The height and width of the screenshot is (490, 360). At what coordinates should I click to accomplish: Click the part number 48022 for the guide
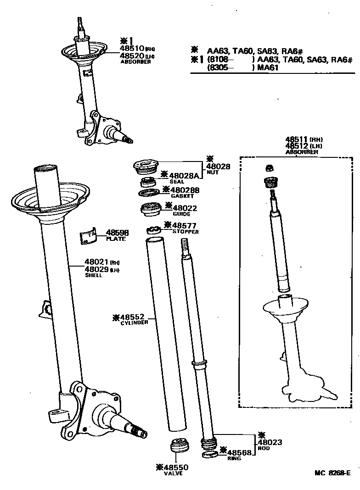[x=185, y=208]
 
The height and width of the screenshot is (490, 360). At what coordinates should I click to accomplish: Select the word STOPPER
[x=186, y=232]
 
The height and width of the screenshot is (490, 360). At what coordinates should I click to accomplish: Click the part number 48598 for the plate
[x=118, y=233]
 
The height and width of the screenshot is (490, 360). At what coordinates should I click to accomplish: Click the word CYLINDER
[x=134, y=323]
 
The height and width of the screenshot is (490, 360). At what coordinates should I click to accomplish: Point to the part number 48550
[x=175, y=468]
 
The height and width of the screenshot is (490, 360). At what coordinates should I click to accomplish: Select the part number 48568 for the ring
[x=240, y=452]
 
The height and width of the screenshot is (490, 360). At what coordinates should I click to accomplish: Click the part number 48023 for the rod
[x=270, y=442]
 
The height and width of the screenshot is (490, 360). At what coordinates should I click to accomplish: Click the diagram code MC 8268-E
[x=332, y=473]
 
